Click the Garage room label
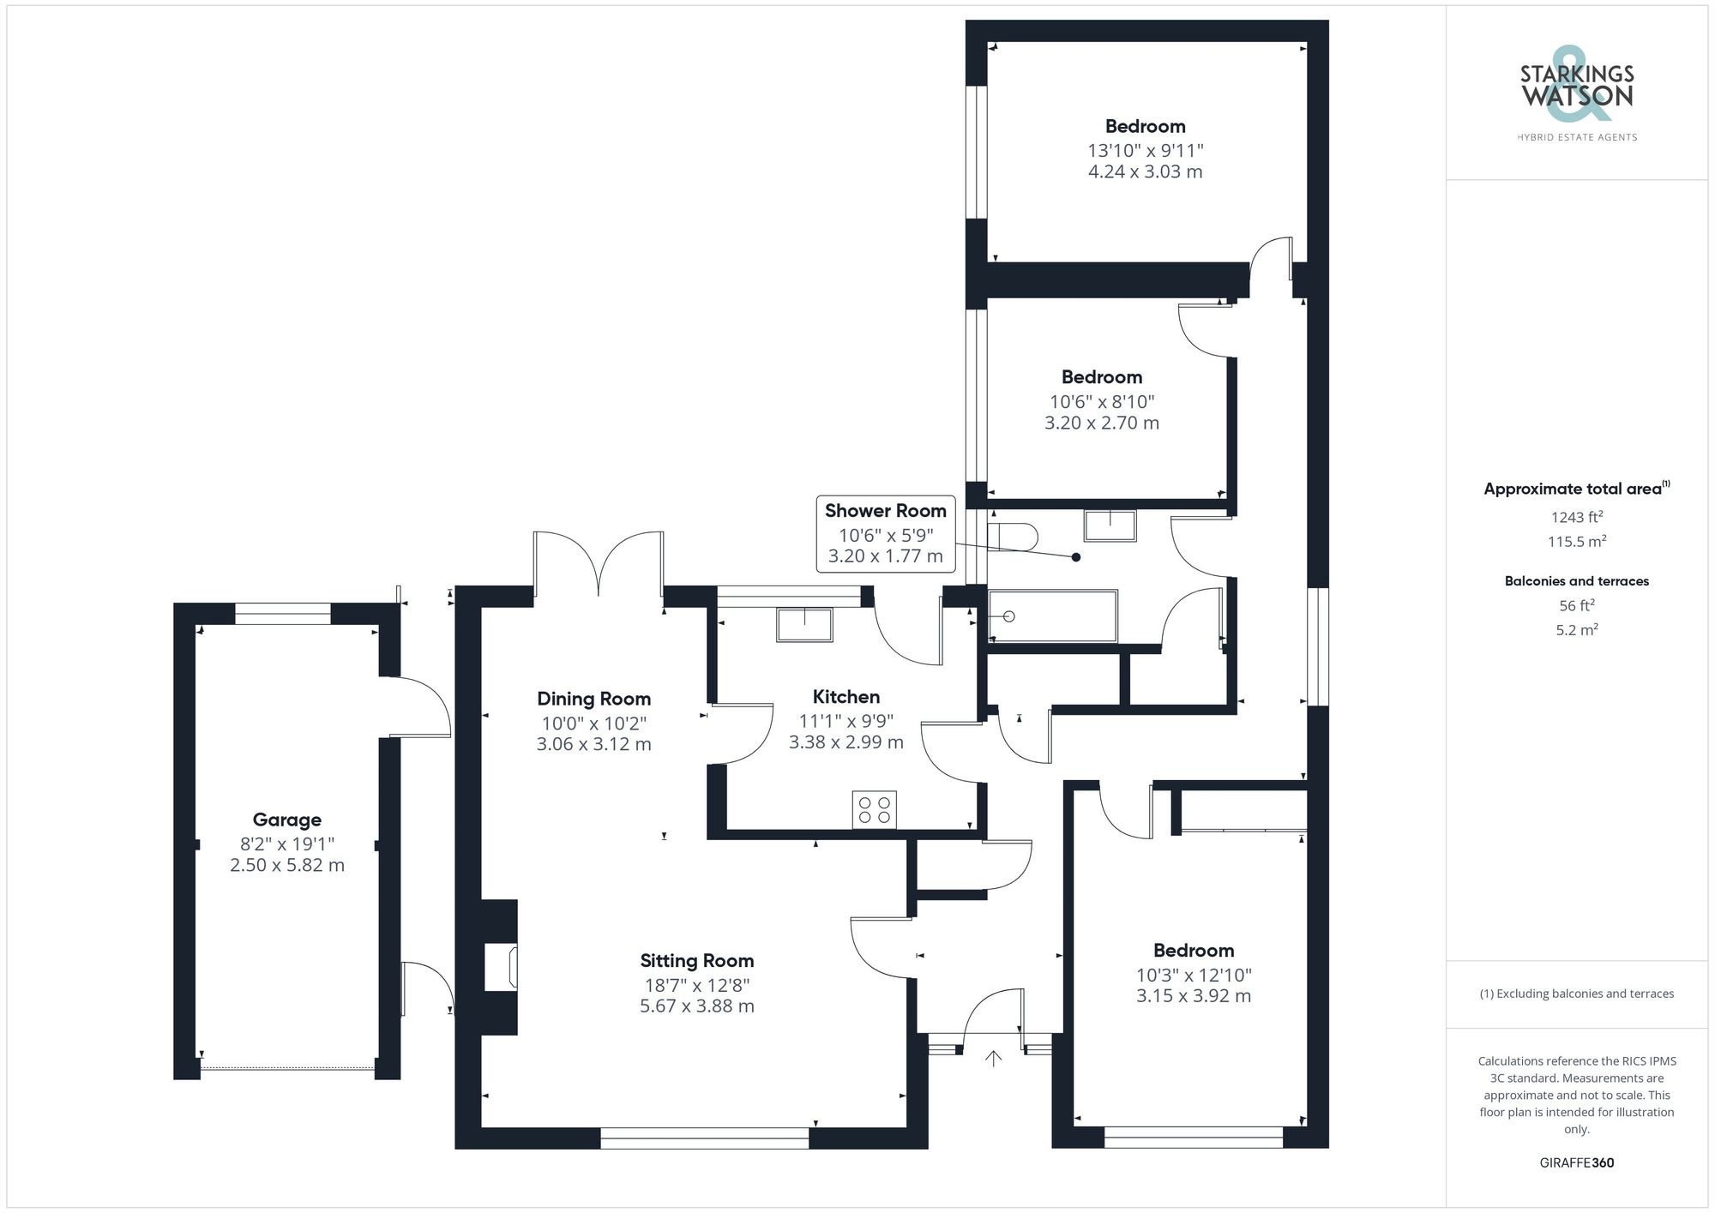pos(286,820)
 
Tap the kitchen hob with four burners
pos(874,810)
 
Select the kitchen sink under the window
pos(804,624)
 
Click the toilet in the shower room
pos(1013,537)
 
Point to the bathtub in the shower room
pos(1053,616)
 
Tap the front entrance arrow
pos(993,1059)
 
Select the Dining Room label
pos(593,699)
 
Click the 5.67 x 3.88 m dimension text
pos(696,1006)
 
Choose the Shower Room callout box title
pos(885,511)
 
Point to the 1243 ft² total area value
pos(1576,517)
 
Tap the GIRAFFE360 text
pos(1576,1162)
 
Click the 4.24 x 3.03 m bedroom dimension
pos(1145,171)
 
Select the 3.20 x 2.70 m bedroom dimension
pos(1101,423)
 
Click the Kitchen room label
pos(845,697)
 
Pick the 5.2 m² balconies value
pos(1576,630)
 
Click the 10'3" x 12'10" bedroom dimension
pos(1193,975)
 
